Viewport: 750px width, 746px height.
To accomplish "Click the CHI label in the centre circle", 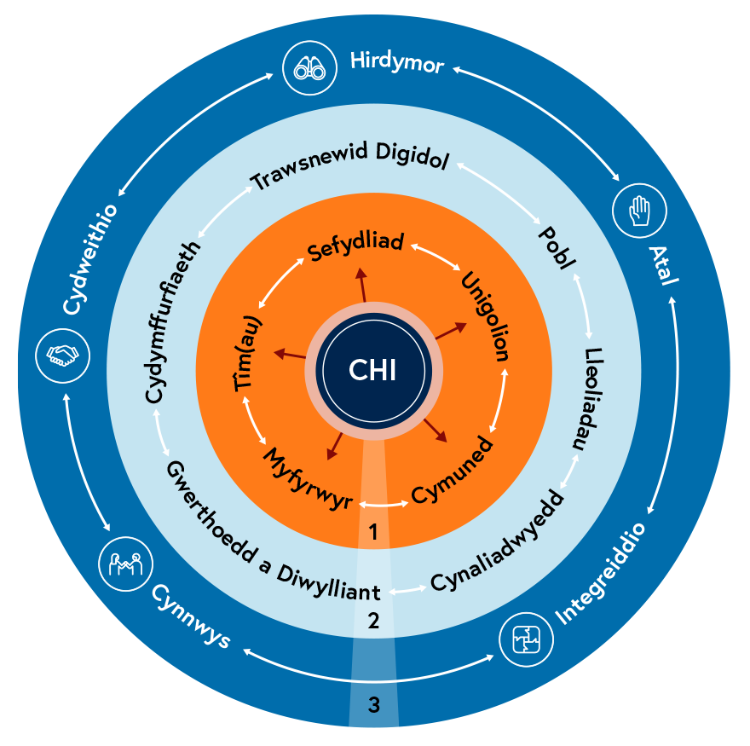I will [373, 370].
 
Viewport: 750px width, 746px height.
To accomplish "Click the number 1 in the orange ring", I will [372, 531].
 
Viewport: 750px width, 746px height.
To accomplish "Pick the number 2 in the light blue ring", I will [372, 621].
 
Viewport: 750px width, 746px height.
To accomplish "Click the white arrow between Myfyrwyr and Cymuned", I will [381, 505].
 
